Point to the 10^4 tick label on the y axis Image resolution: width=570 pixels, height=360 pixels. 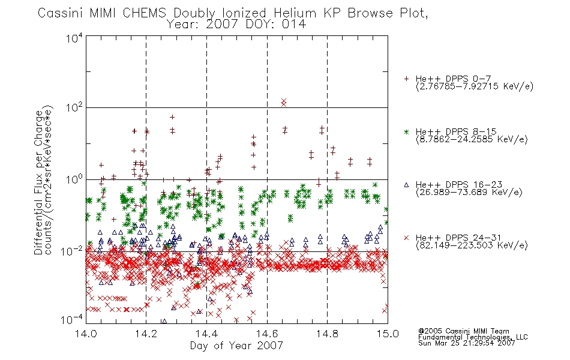[74, 38]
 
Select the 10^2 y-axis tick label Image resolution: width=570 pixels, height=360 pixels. [74, 107]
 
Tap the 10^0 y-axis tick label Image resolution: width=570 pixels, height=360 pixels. [74, 179]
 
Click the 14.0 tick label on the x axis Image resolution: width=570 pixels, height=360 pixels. [86, 334]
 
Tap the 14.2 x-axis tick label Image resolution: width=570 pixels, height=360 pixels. [146, 334]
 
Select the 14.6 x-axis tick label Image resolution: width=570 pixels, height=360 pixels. [267, 334]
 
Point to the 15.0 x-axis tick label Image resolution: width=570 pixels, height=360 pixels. [388, 334]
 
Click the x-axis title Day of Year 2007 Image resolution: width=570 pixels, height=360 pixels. [236, 346]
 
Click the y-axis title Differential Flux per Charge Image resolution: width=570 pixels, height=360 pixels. [38, 182]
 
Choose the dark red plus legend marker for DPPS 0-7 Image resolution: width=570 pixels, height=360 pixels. [406, 79]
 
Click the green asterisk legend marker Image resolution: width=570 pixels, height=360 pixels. [406, 131]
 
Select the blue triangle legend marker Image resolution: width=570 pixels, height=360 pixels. [406, 185]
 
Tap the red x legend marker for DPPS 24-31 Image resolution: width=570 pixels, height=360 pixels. [406, 238]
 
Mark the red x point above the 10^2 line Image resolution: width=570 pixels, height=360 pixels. [284, 102]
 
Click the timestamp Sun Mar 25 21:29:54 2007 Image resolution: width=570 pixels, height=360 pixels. [467, 343]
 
